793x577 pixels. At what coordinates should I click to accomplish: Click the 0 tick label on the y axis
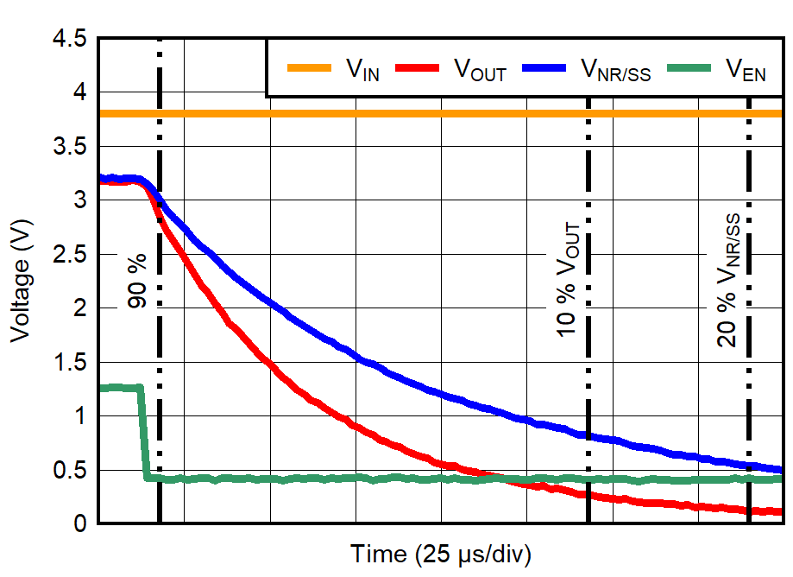(81, 523)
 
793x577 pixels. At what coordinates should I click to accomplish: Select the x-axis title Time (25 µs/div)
(440, 554)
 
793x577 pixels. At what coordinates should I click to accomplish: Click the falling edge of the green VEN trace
(143, 432)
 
